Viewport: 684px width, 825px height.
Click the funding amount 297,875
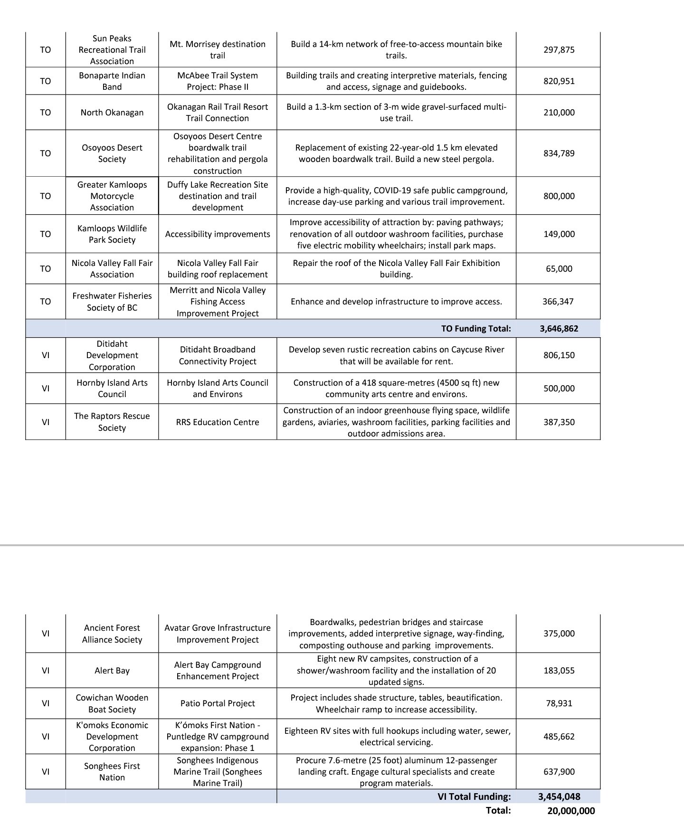point(559,50)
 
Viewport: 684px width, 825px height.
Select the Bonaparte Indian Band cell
point(112,81)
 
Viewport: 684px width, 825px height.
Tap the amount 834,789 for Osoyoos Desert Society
point(559,153)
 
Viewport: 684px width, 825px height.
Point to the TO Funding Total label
point(476,329)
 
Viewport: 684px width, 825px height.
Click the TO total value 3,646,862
point(559,329)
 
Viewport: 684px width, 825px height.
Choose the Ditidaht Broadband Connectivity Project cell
point(218,355)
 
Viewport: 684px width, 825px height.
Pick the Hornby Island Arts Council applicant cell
point(112,389)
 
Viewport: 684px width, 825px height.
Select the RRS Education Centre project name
point(218,422)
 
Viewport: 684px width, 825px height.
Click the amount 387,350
point(559,422)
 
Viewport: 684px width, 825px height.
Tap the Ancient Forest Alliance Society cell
point(112,634)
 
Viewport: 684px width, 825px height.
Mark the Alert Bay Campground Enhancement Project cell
point(218,671)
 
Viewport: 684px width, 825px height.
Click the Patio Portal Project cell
point(218,703)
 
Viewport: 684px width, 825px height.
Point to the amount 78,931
point(559,703)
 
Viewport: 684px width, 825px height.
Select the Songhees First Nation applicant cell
point(112,772)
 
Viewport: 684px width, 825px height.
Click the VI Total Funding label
point(474,797)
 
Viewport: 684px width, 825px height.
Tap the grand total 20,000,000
point(570,811)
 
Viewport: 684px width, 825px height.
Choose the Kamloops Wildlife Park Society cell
point(112,234)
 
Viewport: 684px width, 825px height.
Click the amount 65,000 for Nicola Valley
point(559,269)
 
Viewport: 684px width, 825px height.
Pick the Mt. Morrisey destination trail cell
point(218,50)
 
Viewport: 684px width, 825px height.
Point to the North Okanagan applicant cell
point(112,113)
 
